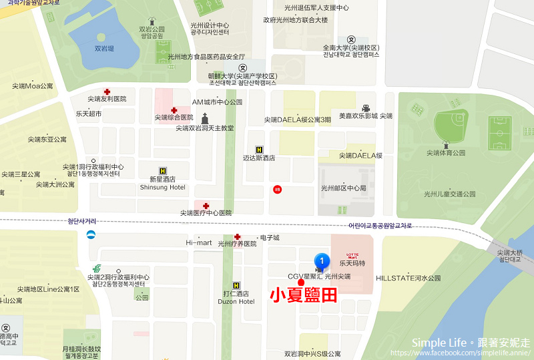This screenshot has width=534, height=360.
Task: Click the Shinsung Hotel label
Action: (163, 187)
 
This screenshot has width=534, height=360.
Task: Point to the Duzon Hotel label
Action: (236, 301)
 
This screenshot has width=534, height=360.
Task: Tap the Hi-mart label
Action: (198, 242)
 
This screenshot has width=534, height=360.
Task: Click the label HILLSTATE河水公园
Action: (409, 278)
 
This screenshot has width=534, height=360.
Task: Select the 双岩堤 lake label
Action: (103, 48)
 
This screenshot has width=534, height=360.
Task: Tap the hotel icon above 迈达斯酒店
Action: (259, 150)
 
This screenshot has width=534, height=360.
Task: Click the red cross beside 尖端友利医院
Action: (107, 92)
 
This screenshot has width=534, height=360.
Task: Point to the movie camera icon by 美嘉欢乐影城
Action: (366, 108)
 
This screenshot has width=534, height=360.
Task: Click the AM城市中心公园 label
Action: (218, 102)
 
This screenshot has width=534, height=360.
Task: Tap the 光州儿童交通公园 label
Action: (449, 194)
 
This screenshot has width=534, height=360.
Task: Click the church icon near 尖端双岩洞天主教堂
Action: (205, 119)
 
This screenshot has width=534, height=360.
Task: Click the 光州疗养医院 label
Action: (237, 244)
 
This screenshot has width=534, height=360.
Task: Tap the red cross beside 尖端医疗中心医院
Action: (206, 205)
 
